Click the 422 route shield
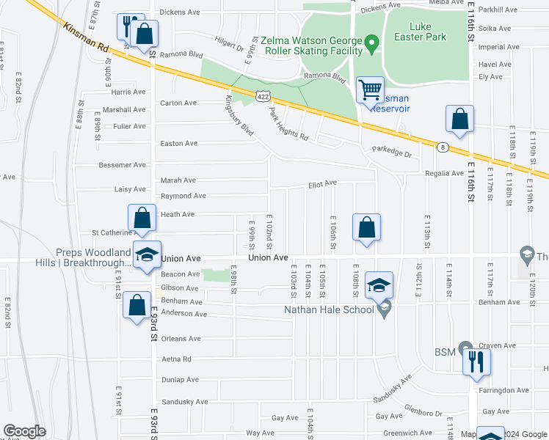tap(263, 96)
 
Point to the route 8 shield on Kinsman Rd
tap(443, 147)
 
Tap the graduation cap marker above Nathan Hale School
tap(379, 285)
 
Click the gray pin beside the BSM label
tap(464, 348)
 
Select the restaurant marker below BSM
tap(476, 362)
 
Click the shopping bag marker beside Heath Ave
tap(142, 218)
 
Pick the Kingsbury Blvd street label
tap(239, 115)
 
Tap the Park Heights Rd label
tap(288, 125)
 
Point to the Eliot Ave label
tap(322, 183)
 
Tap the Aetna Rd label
tap(176, 359)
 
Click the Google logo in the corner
tap(24, 431)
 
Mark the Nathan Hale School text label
tap(330, 309)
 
